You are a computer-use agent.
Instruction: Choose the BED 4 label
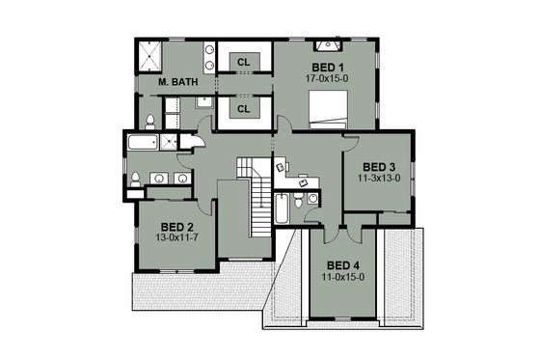(343, 264)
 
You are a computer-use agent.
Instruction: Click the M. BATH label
(178, 84)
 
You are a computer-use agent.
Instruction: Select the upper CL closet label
(243, 62)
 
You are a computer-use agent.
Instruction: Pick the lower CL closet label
(243, 109)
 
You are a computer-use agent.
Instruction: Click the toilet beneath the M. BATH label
(152, 121)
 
